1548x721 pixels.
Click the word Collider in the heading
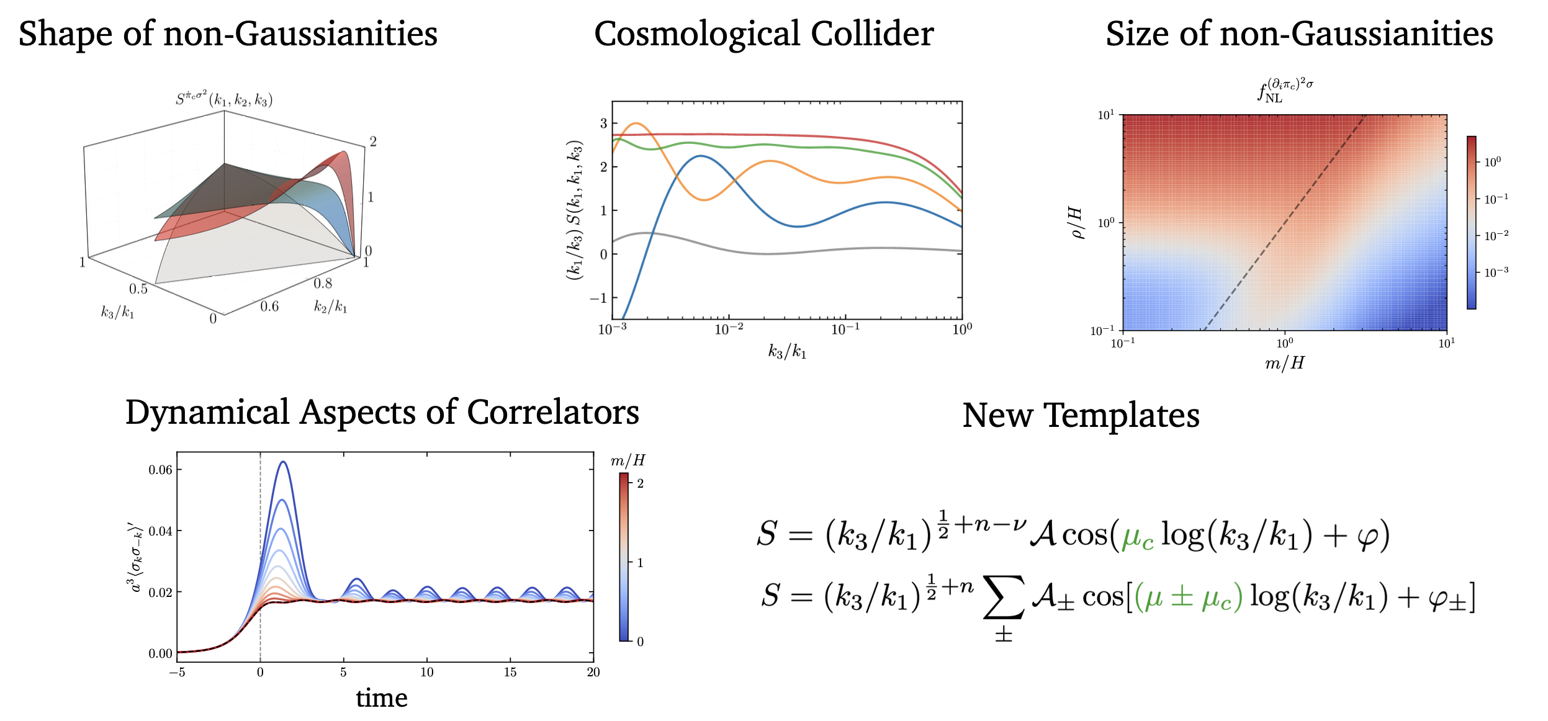(x=871, y=34)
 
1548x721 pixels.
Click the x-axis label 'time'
(x=381, y=699)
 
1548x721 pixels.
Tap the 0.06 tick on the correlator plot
(x=161, y=470)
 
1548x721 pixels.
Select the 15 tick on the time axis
(x=510, y=673)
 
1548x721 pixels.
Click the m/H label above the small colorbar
(x=628, y=460)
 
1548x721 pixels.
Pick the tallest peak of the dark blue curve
(x=283, y=462)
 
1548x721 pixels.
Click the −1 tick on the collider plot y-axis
(x=598, y=298)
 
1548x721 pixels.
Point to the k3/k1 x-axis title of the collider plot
(x=787, y=352)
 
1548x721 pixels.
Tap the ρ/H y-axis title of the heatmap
(x=1077, y=223)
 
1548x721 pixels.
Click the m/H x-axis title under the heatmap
(x=1284, y=363)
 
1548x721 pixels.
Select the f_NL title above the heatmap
(x=1285, y=91)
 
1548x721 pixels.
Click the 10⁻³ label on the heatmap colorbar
(x=1496, y=272)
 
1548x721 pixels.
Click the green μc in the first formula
(x=1138, y=535)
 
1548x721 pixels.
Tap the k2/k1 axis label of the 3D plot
(x=330, y=307)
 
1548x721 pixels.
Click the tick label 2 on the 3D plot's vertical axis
(x=373, y=141)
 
